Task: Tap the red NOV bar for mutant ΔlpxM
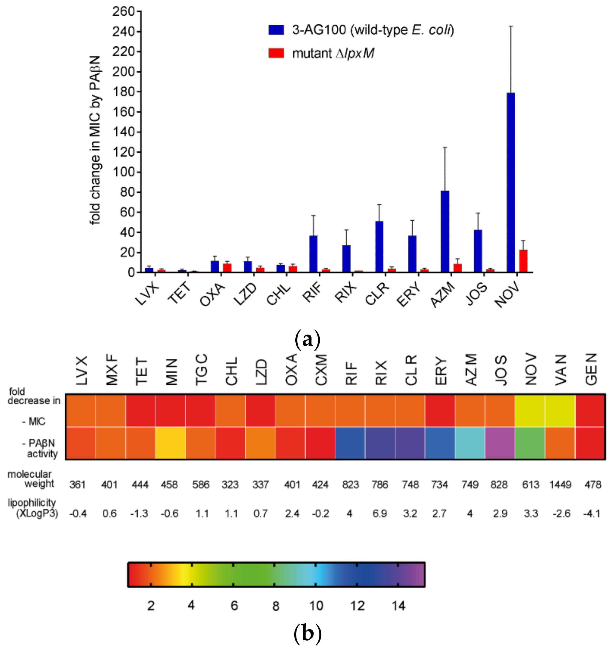pyautogui.click(x=523, y=261)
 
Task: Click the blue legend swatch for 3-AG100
pyautogui.click(x=276, y=30)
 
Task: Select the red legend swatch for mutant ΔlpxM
pyautogui.click(x=276, y=53)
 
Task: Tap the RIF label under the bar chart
pyautogui.click(x=312, y=293)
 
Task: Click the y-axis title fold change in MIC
pyautogui.click(x=95, y=141)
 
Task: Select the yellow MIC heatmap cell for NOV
pyautogui.click(x=530, y=411)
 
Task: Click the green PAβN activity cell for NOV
pyautogui.click(x=530, y=443)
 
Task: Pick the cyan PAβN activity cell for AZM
pyautogui.click(x=470, y=443)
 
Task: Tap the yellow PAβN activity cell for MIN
pyautogui.click(x=170, y=443)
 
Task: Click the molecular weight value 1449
pyautogui.click(x=560, y=484)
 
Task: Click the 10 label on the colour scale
pyautogui.click(x=316, y=606)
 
